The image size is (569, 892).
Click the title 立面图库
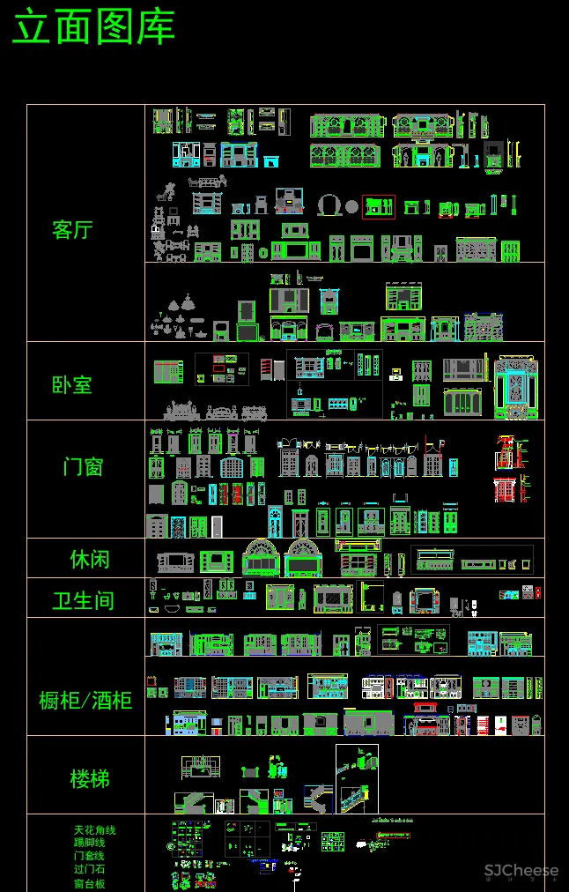point(93,27)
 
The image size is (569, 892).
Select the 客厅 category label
point(72,231)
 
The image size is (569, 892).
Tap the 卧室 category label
point(72,385)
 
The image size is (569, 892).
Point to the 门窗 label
point(83,466)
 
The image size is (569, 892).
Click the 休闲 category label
point(90,560)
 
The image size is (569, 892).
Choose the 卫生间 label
point(83,601)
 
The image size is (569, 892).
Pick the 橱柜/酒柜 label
point(85,701)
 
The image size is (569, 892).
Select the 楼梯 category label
point(90,779)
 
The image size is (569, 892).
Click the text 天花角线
point(94,829)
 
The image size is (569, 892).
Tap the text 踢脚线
point(89,843)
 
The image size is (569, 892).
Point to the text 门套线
point(89,856)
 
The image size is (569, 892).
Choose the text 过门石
point(89,869)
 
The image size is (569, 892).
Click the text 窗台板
point(89,883)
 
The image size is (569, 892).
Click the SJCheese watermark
point(521,871)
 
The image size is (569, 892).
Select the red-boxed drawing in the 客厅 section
point(379,207)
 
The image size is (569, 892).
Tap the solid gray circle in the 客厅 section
point(351,206)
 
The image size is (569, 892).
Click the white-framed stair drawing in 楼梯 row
point(357,778)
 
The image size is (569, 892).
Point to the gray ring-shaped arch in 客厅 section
point(330,204)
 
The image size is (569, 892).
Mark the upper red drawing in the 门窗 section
point(505,451)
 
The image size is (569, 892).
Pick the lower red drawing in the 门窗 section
point(505,490)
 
